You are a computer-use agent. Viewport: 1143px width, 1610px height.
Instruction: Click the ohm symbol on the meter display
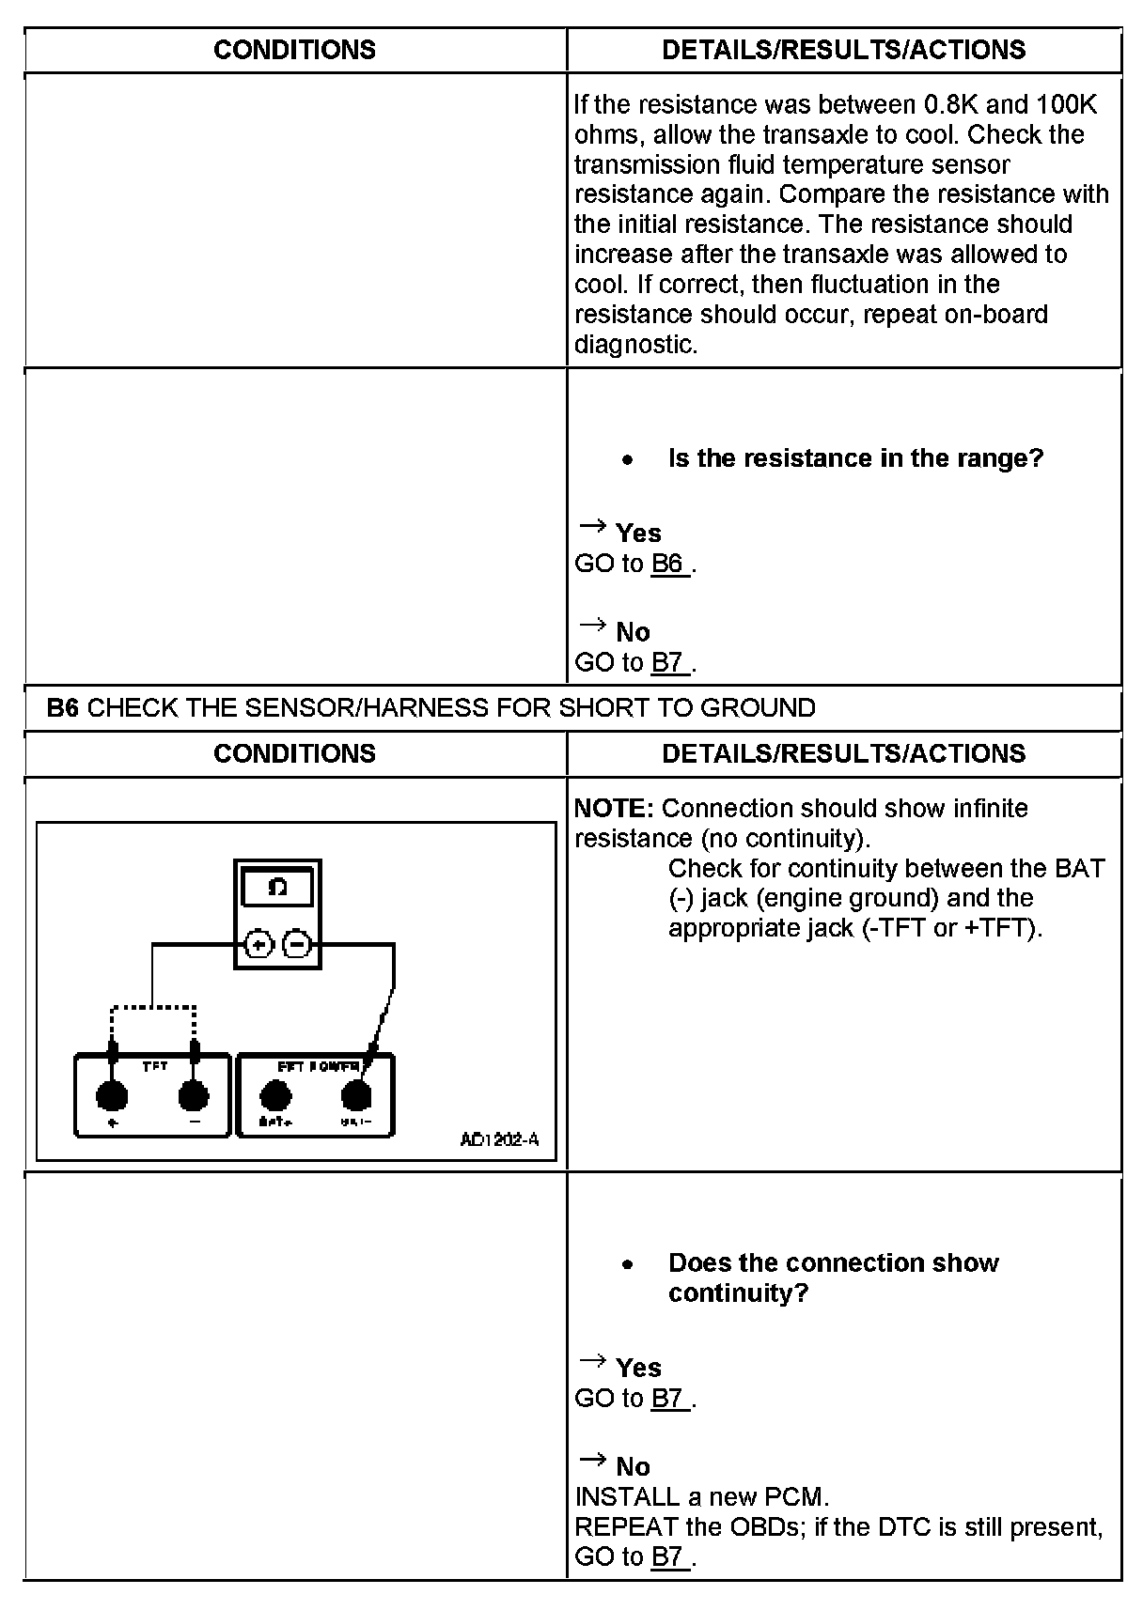click(277, 887)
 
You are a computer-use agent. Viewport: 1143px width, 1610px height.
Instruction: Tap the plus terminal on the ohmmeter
click(259, 944)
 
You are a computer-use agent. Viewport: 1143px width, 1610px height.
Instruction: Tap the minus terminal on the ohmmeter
click(296, 944)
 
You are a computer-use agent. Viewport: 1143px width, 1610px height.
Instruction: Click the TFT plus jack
click(113, 1094)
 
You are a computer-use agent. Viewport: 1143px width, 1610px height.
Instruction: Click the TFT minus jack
click(194, 1094)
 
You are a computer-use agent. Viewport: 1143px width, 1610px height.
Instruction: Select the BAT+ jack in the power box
click(275, 1094)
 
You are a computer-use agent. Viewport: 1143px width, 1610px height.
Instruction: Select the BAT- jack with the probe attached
click(356, 1094)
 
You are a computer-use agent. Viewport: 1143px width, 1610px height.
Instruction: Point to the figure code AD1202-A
click(499, 1139)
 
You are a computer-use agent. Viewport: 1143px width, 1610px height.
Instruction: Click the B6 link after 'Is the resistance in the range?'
click(667, 564)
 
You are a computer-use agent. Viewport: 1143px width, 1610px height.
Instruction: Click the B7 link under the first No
click(667, 663)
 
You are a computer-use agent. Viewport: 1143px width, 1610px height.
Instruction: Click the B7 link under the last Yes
click(667, 1399)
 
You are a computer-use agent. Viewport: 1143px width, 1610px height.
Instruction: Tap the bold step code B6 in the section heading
click(62, 707)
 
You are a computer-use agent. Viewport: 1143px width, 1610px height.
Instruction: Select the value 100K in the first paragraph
click(1066, 104)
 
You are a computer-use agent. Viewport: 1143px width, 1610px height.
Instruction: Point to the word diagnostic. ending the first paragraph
click(635, 344)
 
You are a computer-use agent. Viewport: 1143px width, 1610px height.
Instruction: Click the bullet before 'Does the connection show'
click(627, 1264)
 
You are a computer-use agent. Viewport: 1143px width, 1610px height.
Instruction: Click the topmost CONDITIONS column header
click(294, 50)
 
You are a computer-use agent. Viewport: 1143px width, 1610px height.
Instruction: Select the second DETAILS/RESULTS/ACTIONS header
click(843, 753)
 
